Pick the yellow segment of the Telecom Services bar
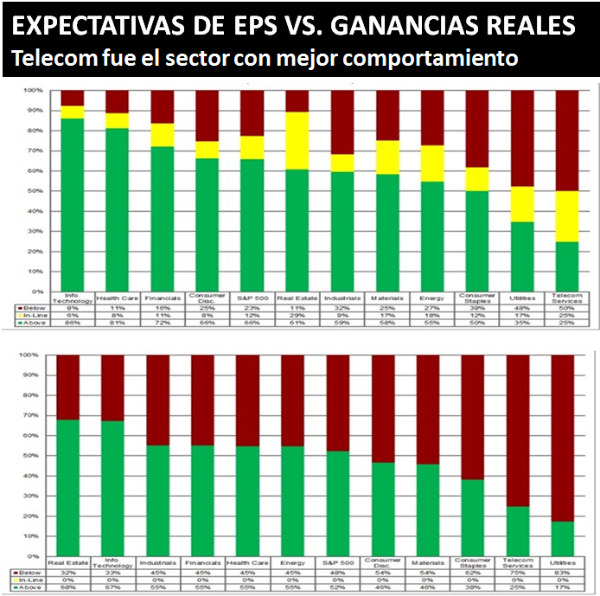pyautogui.click(x=565, y=216)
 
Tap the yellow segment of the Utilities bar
pyautogui.click(x=521, y=204)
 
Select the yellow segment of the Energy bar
pyautogui.click(x=431, y=163)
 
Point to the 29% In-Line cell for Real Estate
pyautogui.click(x=297, y=316)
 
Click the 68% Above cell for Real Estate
pyautogui.click(x=67, y=586)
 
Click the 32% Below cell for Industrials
pyautogui.click(x=341, y=307)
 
